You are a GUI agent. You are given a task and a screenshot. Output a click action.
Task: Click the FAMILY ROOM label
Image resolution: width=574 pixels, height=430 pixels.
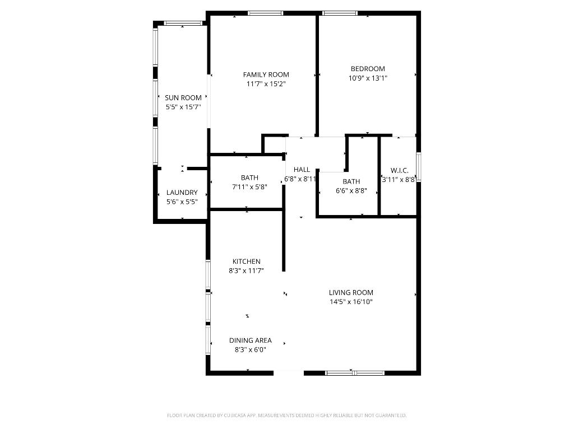coord(266,74)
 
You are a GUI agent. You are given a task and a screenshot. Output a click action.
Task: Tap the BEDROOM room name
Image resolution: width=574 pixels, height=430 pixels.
coord(368,69)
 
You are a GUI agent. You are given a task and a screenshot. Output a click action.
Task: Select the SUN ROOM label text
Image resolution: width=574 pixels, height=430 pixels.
coord(183,97)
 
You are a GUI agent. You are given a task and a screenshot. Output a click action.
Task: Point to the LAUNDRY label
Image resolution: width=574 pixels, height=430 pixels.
coord(182,192)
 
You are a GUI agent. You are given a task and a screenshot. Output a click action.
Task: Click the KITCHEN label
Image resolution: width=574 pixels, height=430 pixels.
coord(247,261)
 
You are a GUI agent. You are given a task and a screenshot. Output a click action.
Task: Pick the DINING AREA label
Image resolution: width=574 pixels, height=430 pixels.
coord(250,340)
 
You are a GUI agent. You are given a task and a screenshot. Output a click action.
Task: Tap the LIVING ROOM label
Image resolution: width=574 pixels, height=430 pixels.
coord(351,292)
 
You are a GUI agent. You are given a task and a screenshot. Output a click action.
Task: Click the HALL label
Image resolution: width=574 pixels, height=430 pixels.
coord(302,170)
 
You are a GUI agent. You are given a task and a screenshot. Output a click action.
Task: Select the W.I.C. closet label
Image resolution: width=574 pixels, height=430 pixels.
coord(399,171)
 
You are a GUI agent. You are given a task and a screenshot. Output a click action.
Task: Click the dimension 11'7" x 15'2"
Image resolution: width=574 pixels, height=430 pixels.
coord(266,84)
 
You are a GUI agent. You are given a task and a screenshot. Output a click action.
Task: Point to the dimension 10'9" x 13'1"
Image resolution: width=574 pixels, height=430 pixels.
coord(368,78)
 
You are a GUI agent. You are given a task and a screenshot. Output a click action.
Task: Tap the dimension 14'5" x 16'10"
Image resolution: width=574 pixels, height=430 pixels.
coord(351,302)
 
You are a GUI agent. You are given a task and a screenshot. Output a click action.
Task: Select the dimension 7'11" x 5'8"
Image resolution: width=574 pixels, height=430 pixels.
coord(249,187)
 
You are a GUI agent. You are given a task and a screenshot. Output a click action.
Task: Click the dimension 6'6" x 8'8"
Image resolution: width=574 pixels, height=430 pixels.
coord(351,191)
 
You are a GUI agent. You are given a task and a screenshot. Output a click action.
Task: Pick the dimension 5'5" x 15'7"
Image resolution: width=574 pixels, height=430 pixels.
coord(183,106)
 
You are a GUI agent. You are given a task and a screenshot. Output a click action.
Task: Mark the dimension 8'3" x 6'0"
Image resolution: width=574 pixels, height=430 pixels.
coord(250,350)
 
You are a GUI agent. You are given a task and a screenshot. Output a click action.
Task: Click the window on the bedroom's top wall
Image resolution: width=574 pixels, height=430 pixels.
coord(340,13)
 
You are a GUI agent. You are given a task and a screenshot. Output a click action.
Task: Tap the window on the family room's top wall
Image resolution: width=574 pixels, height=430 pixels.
coord(265,13)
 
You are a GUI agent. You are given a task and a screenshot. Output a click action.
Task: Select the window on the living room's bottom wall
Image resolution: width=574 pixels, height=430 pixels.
coord(355,372)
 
